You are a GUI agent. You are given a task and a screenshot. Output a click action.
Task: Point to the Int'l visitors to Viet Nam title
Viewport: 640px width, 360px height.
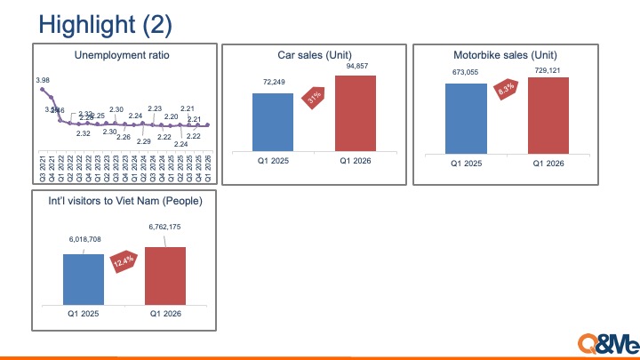pyautogui.click(x=124, y=201)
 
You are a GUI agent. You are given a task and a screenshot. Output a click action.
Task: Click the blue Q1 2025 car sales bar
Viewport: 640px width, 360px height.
pyautogui.click(x=272, y=122)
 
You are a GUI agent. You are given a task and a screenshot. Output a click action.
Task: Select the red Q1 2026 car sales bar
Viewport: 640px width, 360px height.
pyautogui.click(x=356, y=113)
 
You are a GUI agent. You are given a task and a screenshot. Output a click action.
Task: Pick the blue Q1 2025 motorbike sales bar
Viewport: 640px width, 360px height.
pyautogui.click(x=466, y=118)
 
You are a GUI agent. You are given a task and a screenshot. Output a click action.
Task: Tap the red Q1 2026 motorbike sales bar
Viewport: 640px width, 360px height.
pyautogui.click(x=548, y=116)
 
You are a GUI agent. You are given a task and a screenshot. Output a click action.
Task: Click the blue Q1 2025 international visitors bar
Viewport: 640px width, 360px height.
pyautogui.click(x=83, y=280)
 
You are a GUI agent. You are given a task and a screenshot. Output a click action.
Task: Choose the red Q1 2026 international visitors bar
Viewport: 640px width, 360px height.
pyautogui.click(x=164, y=276)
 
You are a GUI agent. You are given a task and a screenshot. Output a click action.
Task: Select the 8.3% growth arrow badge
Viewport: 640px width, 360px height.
pyautogui.click(x=507, y=88)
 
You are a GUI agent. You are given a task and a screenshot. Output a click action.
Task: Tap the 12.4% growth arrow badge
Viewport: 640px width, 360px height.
pyautogui.click(x=124, y=262)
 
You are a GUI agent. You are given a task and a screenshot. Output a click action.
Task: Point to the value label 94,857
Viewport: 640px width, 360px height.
pyautogui.click(x=356, y=67)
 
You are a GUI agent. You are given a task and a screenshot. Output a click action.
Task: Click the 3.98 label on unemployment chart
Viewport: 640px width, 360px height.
pyautogui.click(x=43, y=81)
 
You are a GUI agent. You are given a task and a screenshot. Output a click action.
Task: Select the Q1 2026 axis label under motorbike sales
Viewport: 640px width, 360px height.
pyautogui.click(x=548, y=164)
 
